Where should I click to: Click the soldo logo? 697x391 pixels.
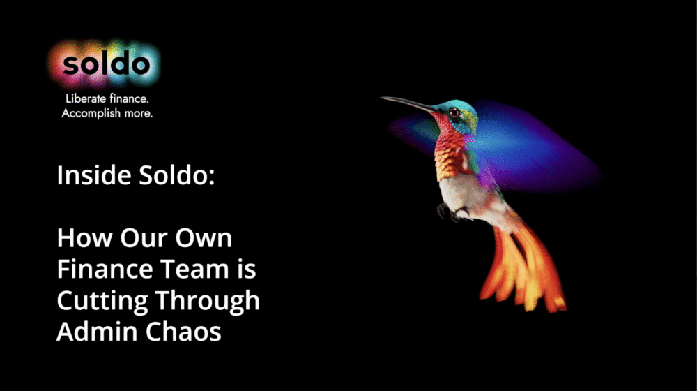coord(106,64)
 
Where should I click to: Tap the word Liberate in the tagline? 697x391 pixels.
coord(85,98)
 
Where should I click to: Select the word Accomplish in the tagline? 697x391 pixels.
coord(91,114)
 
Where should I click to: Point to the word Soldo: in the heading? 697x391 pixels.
coord(177,175)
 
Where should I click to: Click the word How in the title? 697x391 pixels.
coord(85,238)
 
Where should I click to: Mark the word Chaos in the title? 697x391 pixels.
coord(183,332)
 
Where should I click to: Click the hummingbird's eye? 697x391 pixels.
coord(454,112)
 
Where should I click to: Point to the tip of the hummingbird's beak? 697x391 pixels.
coord(381,98)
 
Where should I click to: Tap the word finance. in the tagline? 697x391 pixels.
coord(129,98)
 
